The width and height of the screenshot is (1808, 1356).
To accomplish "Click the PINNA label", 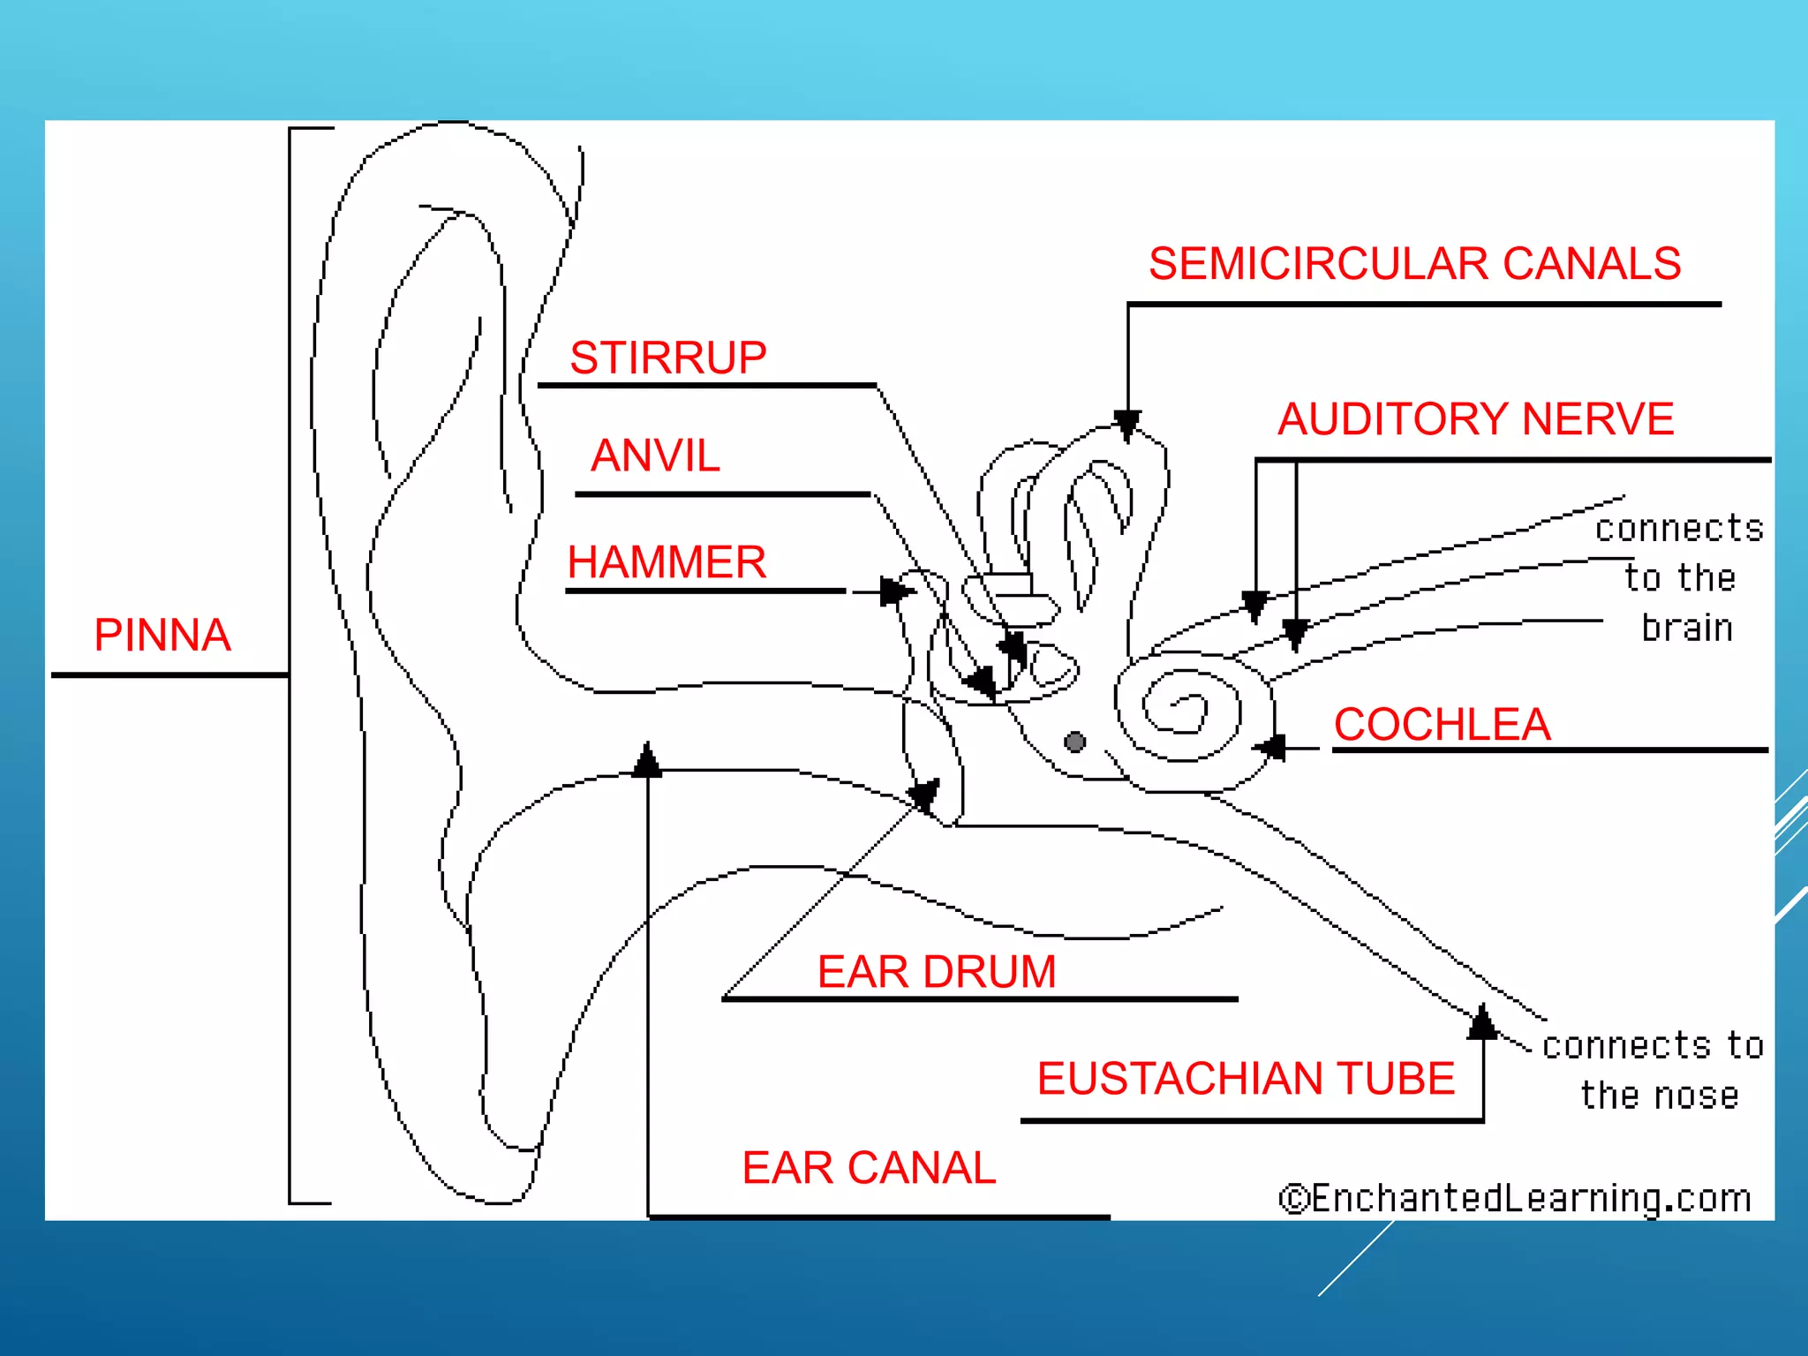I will pos(162,635).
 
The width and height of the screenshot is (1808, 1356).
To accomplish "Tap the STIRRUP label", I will pos(667,358).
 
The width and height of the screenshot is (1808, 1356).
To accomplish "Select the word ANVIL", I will pos(655,456).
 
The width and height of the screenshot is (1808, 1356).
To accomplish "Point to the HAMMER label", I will pos(667,562).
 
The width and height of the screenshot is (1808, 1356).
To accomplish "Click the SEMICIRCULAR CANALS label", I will pos(1414,264).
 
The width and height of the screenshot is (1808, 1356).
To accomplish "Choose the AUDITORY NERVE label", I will pos(1475,419).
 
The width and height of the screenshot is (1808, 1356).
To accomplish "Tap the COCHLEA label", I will pos(1442,725).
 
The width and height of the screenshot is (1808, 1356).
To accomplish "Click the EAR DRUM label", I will pos(936,972).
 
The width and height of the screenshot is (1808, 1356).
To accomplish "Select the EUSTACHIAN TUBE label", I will pos(1246,1079).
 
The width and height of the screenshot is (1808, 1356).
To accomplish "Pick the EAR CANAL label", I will pos(869,1168).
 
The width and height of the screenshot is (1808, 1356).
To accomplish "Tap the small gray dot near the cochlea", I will pos(1074,742).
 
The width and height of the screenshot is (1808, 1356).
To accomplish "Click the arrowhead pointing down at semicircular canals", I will pos(1127,425).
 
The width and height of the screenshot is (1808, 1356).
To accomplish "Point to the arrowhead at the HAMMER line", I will pos(896,591).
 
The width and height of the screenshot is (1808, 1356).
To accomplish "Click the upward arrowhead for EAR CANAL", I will pos(648,760).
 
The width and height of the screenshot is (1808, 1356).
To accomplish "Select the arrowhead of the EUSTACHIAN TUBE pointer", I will pos(1483,1022).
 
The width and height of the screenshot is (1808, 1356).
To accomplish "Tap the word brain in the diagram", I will pos(1686,629).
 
